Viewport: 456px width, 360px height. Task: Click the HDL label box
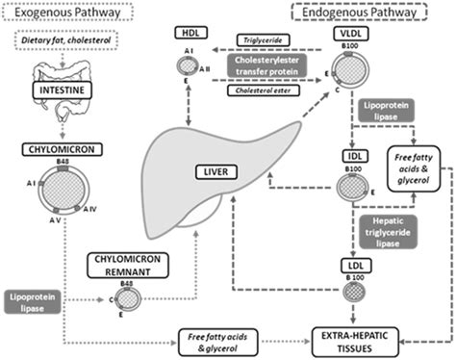(190, 35)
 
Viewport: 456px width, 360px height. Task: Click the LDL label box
(351, 265)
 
